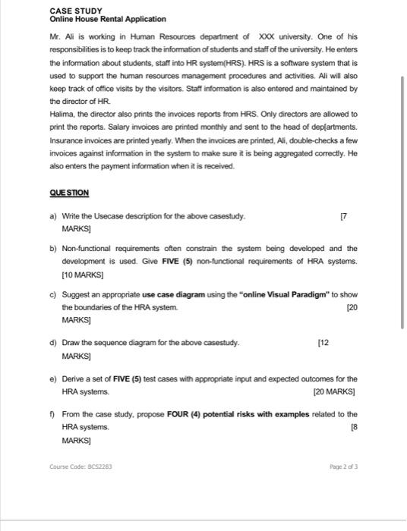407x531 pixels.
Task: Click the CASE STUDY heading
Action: tap(75, 10)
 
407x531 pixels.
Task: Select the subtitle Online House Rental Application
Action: tap(107, 19)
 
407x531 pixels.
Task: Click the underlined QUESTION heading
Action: tap(69, 193)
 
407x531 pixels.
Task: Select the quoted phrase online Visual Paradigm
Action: tap(274, 294)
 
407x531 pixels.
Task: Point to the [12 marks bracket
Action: tap(323, 343)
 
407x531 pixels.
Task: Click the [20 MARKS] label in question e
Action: tap(334, 392)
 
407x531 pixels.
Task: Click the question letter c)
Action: tap(52, 294)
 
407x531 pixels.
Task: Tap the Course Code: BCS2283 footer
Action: tap(81, 467)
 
